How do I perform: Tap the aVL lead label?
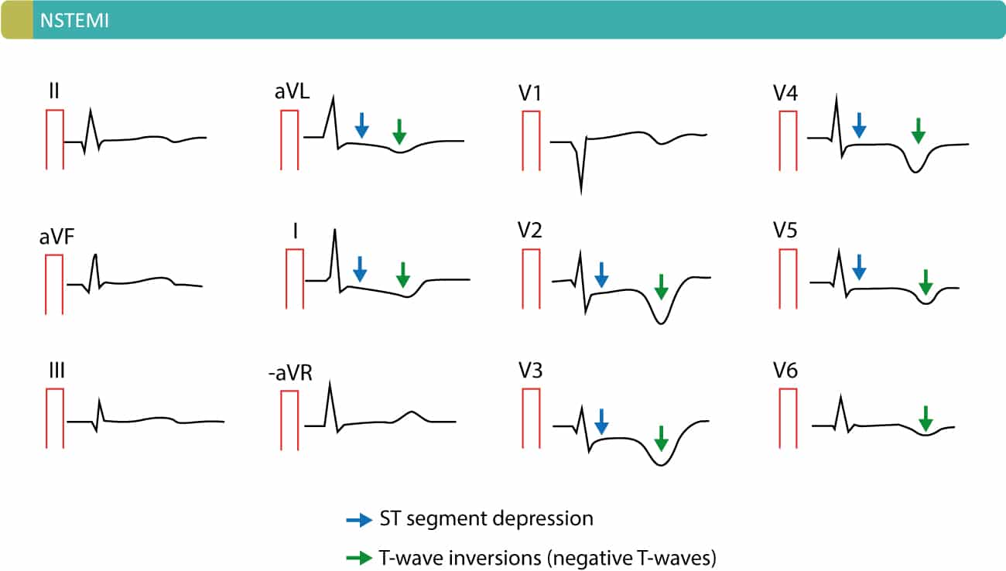tap(292, 93)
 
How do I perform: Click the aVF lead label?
tap(56, 238)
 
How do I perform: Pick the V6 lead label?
tap(792, 372)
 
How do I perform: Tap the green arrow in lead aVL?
tap(399, 132)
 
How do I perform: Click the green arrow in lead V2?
tap(660, 286)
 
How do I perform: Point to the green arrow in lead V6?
tap(926, 419)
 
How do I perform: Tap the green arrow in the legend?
tap(358, 556)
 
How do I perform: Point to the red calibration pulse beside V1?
tap(530, 140)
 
